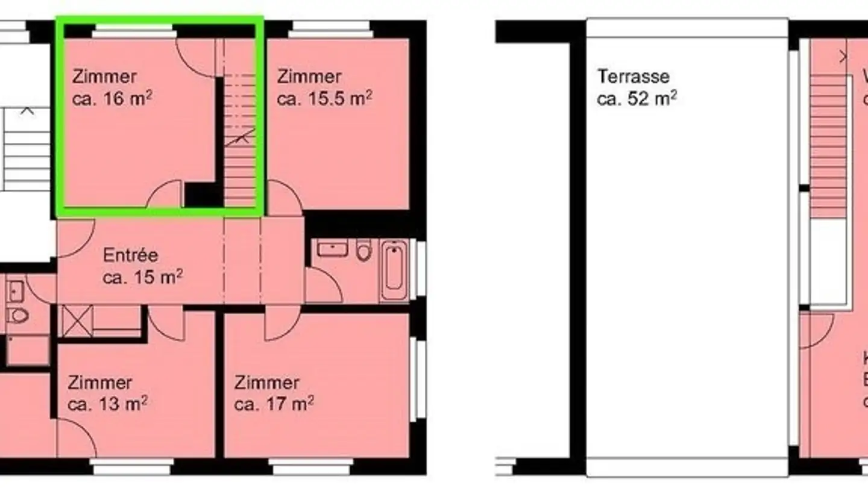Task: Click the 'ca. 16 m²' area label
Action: tap(112, 99)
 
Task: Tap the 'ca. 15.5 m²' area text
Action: tap(324, 99)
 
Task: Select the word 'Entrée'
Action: tap(130, 255)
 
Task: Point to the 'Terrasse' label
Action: tap(633, 77)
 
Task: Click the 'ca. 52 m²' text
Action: tap(636, 99)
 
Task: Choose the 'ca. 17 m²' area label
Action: tap(274, 404)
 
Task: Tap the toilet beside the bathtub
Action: tap(363, 249)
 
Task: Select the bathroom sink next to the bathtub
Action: tap(332, 248)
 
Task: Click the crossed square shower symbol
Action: tap(77, 320)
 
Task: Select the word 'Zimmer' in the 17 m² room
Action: tap(266, 383)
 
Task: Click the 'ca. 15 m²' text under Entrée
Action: tap(143, 278)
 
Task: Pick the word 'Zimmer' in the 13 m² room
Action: tap(99, 383)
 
